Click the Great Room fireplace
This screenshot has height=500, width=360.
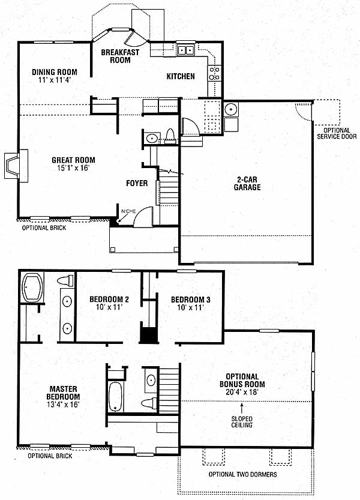point(16,166)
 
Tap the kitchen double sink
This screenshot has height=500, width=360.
point(185,50)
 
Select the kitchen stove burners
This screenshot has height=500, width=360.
point(214,73)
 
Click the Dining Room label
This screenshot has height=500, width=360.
point(55,72)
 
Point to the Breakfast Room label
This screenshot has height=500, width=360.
point(120,56)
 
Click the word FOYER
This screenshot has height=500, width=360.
point(137,183)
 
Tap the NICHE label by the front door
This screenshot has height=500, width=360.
point(128,211)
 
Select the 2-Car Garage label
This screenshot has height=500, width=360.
point(247,183)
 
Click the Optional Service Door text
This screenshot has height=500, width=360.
point(337,133)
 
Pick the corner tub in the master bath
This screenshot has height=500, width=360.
point(32,288)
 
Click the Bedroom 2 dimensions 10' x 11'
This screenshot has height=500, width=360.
point(109,307)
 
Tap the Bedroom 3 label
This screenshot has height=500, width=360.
point(191,300)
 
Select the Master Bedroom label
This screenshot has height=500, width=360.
point(63,393)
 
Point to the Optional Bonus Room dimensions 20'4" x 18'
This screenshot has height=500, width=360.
point(242,392)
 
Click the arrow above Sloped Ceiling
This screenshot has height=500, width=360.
point(242,409)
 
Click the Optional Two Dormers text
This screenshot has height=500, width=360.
point(242,474)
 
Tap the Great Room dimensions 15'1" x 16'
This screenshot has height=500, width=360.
point(73,167)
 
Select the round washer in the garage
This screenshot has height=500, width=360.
point(231,109)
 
